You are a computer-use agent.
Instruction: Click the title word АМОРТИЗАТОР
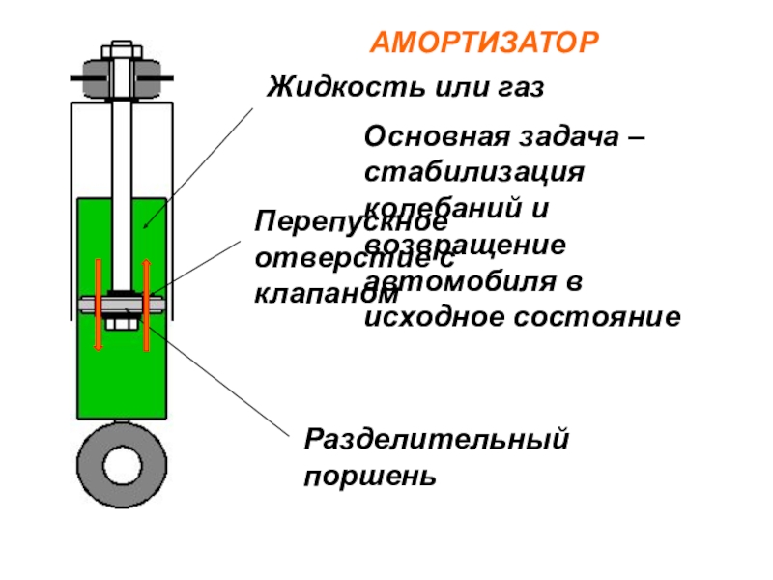485,43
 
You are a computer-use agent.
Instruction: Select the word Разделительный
435,441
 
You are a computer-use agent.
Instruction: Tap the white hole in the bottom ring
120,464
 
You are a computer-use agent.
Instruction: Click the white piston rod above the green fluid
121,145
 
